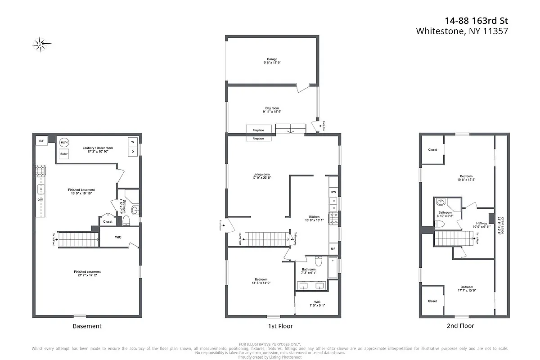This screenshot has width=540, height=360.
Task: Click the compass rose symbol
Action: point(42,44)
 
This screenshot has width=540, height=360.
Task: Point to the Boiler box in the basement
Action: point(64,154)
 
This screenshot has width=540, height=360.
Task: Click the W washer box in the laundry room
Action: point(133,142)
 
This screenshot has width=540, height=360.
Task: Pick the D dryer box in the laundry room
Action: point(133,152)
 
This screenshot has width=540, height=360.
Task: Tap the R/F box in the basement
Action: point(41,141)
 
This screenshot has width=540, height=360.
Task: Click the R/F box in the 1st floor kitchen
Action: point(333,248)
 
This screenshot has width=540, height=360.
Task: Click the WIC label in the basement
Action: point(118,237)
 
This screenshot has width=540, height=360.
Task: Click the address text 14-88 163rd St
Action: point(477,21)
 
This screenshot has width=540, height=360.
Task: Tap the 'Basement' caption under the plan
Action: point(87,326)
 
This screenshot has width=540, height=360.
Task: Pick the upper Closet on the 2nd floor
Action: point(432,150)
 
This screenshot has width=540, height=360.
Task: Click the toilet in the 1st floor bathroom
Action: point(318,262)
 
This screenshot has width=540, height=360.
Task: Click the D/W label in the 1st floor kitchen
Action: point(333,192)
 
